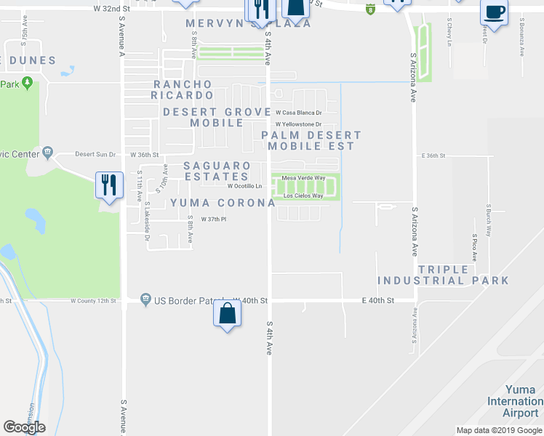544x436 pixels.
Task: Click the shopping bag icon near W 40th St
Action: [x=228, y=314]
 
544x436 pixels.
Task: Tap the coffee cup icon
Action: [x=495, y=13]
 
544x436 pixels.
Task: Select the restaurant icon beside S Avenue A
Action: [x=108, y=184]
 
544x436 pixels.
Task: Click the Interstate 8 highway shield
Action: [x=371, y=9]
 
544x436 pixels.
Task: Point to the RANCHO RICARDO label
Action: [x=183, y=89]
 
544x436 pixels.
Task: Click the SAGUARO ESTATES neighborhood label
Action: [x=217, y=171]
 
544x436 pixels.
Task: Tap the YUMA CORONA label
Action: [x=223, y=203]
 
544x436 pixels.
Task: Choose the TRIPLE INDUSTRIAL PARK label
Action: [x=443, y=275]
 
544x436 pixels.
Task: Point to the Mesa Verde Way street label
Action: [x=303, y=177]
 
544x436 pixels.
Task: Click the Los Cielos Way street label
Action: [x=303, y=195]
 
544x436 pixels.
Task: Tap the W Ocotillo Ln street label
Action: [x=244, y=186]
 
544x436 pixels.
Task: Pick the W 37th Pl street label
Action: [x=204, y=220]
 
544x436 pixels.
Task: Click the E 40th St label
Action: [x=378, y=299]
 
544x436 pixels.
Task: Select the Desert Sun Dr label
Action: [x=95, y=154]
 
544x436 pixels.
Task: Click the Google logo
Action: [x=25, y=427]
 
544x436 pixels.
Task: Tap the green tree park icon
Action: [x=28, y=83]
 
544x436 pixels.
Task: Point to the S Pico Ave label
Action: [x=474, y=247]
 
